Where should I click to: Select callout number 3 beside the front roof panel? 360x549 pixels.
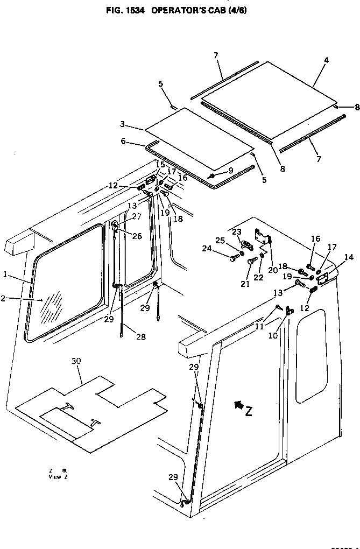[123, 125]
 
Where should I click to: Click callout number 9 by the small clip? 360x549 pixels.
[230, 171]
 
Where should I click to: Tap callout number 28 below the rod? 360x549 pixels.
[140, 337]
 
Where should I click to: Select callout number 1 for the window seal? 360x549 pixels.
[5, 274]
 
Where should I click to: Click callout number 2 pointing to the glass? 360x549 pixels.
[5, 297]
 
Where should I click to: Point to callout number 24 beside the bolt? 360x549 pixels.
[207, 249]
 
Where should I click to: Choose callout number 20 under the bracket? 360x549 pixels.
[272, 270]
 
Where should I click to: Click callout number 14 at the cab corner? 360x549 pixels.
[349, 257]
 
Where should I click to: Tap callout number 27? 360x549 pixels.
[136, 216]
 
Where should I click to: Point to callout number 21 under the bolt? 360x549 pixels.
[245, 284]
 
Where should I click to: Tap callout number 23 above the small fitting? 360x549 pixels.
[237, 231]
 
